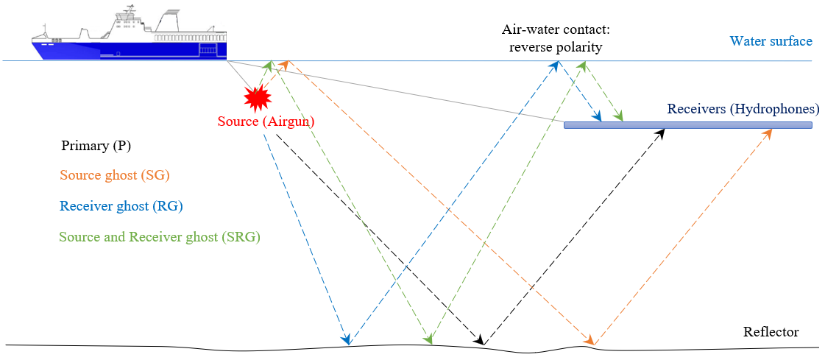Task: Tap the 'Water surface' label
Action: [771, 41]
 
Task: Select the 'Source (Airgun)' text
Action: [266, 122]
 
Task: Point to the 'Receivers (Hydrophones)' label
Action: [743, 109]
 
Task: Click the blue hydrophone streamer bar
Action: [687, 125]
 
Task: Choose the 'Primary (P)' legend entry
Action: [96, 146]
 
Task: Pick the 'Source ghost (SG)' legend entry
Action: [114, 176]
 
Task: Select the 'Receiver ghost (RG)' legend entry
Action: [121, 206]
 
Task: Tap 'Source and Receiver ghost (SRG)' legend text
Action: [160, 237]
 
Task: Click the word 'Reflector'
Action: [771, 332]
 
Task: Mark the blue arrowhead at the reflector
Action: [345, 339]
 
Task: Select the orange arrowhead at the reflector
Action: [589, 339]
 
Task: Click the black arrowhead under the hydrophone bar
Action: [661, 133]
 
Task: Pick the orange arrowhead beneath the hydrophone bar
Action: [769, 133]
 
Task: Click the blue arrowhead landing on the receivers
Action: [598, 117]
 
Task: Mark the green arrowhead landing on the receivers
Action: [620, 116]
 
